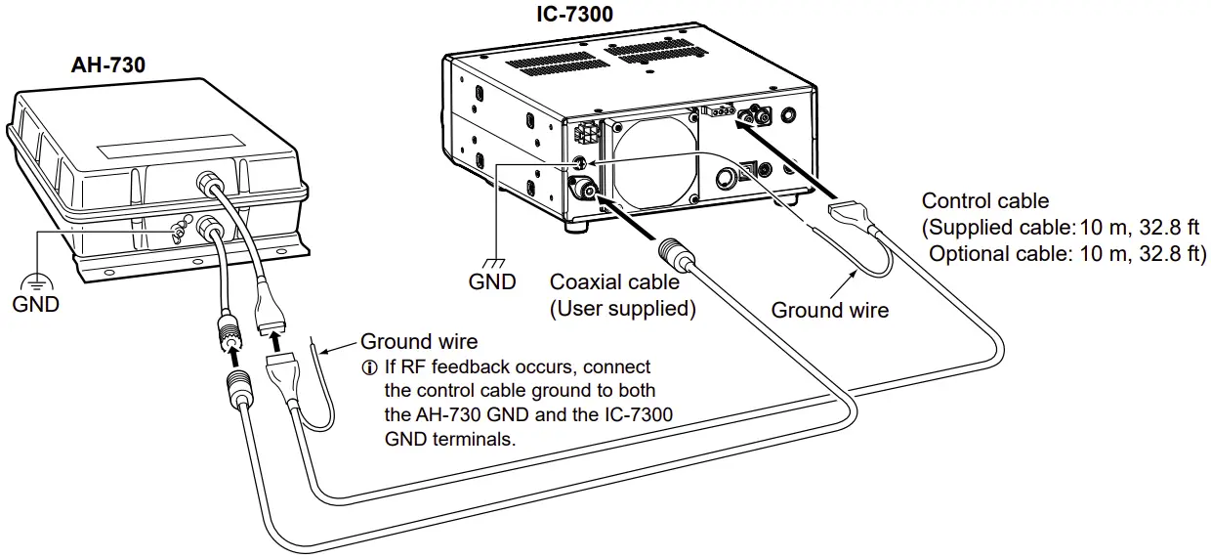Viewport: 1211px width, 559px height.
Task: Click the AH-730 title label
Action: [x=108, y=66]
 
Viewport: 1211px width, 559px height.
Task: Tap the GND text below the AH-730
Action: [x=35, y=304]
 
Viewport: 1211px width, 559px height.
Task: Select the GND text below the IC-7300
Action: [x=492, y=281]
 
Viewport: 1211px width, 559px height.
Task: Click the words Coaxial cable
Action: [x=614, y=282]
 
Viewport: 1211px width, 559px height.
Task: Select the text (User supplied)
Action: [x=622, y=309]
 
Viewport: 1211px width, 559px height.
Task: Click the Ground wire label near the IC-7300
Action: [x=830, y=310]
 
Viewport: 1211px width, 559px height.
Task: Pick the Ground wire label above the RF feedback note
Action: [x=419, y=342]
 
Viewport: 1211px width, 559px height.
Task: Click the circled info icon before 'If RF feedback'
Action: [x=368, y=367]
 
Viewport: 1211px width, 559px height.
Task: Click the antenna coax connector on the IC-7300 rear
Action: [x=583, y=191]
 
